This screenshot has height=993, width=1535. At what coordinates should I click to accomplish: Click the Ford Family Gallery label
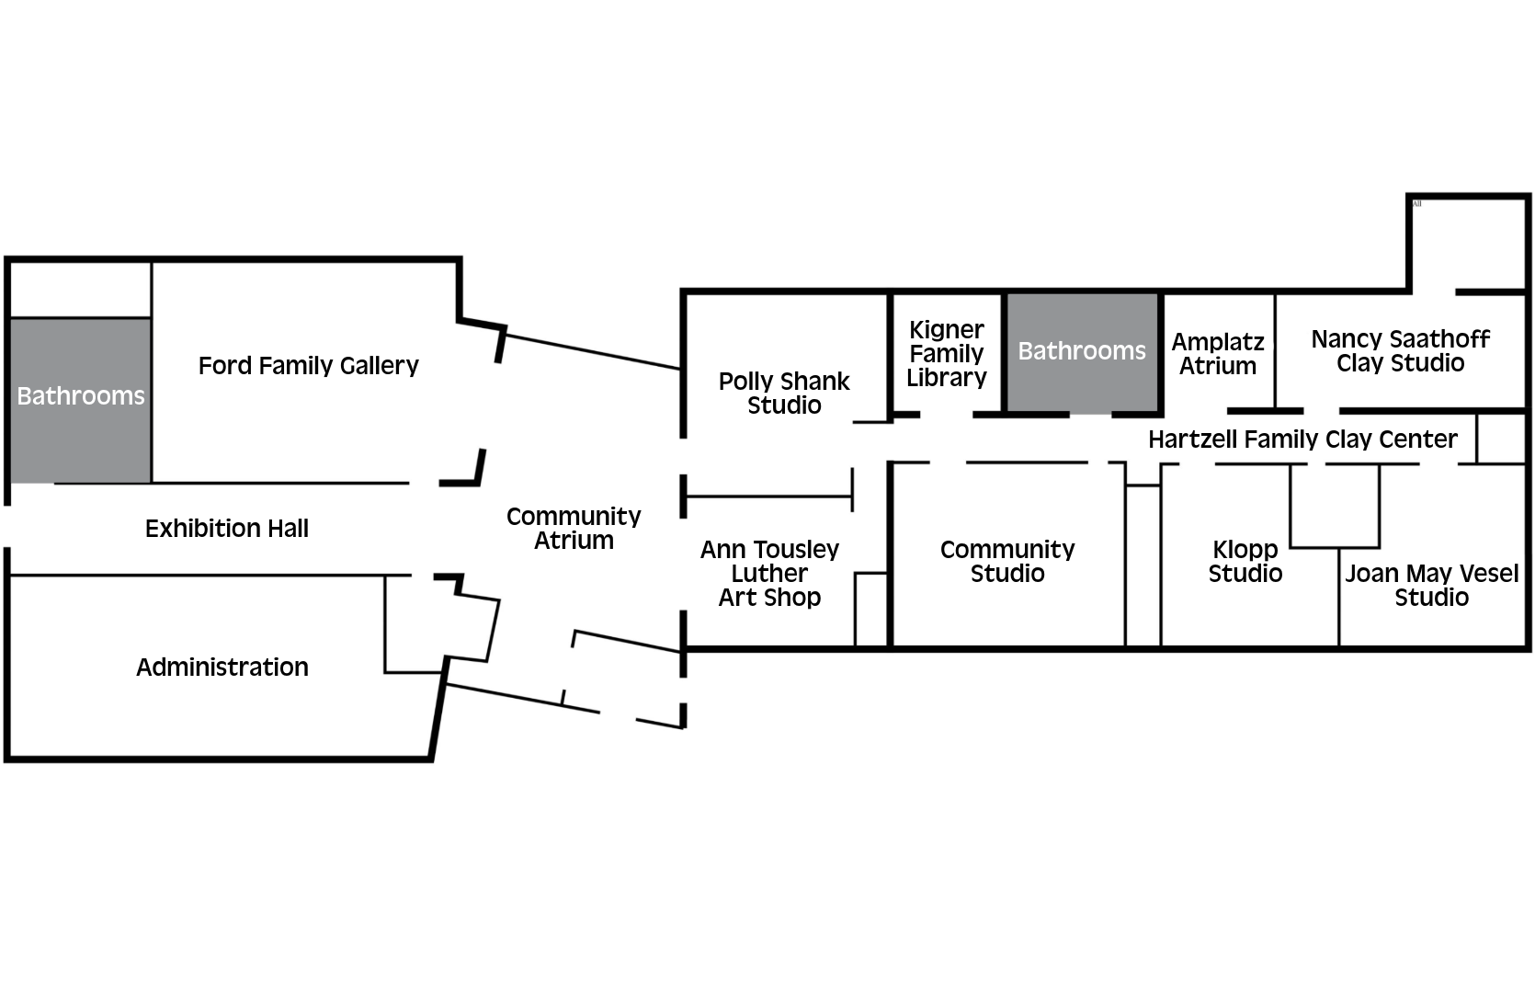point(308,366)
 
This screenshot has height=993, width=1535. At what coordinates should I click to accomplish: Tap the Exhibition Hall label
point(227,529)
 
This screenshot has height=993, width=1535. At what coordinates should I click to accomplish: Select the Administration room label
point(222,668)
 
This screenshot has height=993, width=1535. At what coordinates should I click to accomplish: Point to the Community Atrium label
point(574,529)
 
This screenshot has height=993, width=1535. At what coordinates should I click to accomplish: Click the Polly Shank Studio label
point(784,394)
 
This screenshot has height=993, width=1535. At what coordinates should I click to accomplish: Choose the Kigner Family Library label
point(947,354)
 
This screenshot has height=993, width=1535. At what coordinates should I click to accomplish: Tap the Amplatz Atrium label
point(1218,354)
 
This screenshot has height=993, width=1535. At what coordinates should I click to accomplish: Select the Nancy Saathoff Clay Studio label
point(1400,351)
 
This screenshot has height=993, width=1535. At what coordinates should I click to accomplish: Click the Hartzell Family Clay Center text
point(1302,439)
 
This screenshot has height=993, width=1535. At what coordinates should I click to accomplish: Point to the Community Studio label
point(1007,562)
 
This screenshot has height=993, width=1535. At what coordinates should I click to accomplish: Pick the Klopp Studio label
point(1245,562)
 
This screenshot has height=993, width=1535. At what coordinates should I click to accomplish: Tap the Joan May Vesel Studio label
point(1431,586)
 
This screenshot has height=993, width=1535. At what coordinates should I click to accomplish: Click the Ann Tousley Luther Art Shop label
point(769,574)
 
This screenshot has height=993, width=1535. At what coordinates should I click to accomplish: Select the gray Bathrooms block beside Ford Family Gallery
point(81,400)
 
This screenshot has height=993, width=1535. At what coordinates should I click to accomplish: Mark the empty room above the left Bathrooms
point(81,290)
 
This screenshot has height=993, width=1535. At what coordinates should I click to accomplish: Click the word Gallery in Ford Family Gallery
point(376,366)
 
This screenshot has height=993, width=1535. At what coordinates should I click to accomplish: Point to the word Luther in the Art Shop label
point(769,574)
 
